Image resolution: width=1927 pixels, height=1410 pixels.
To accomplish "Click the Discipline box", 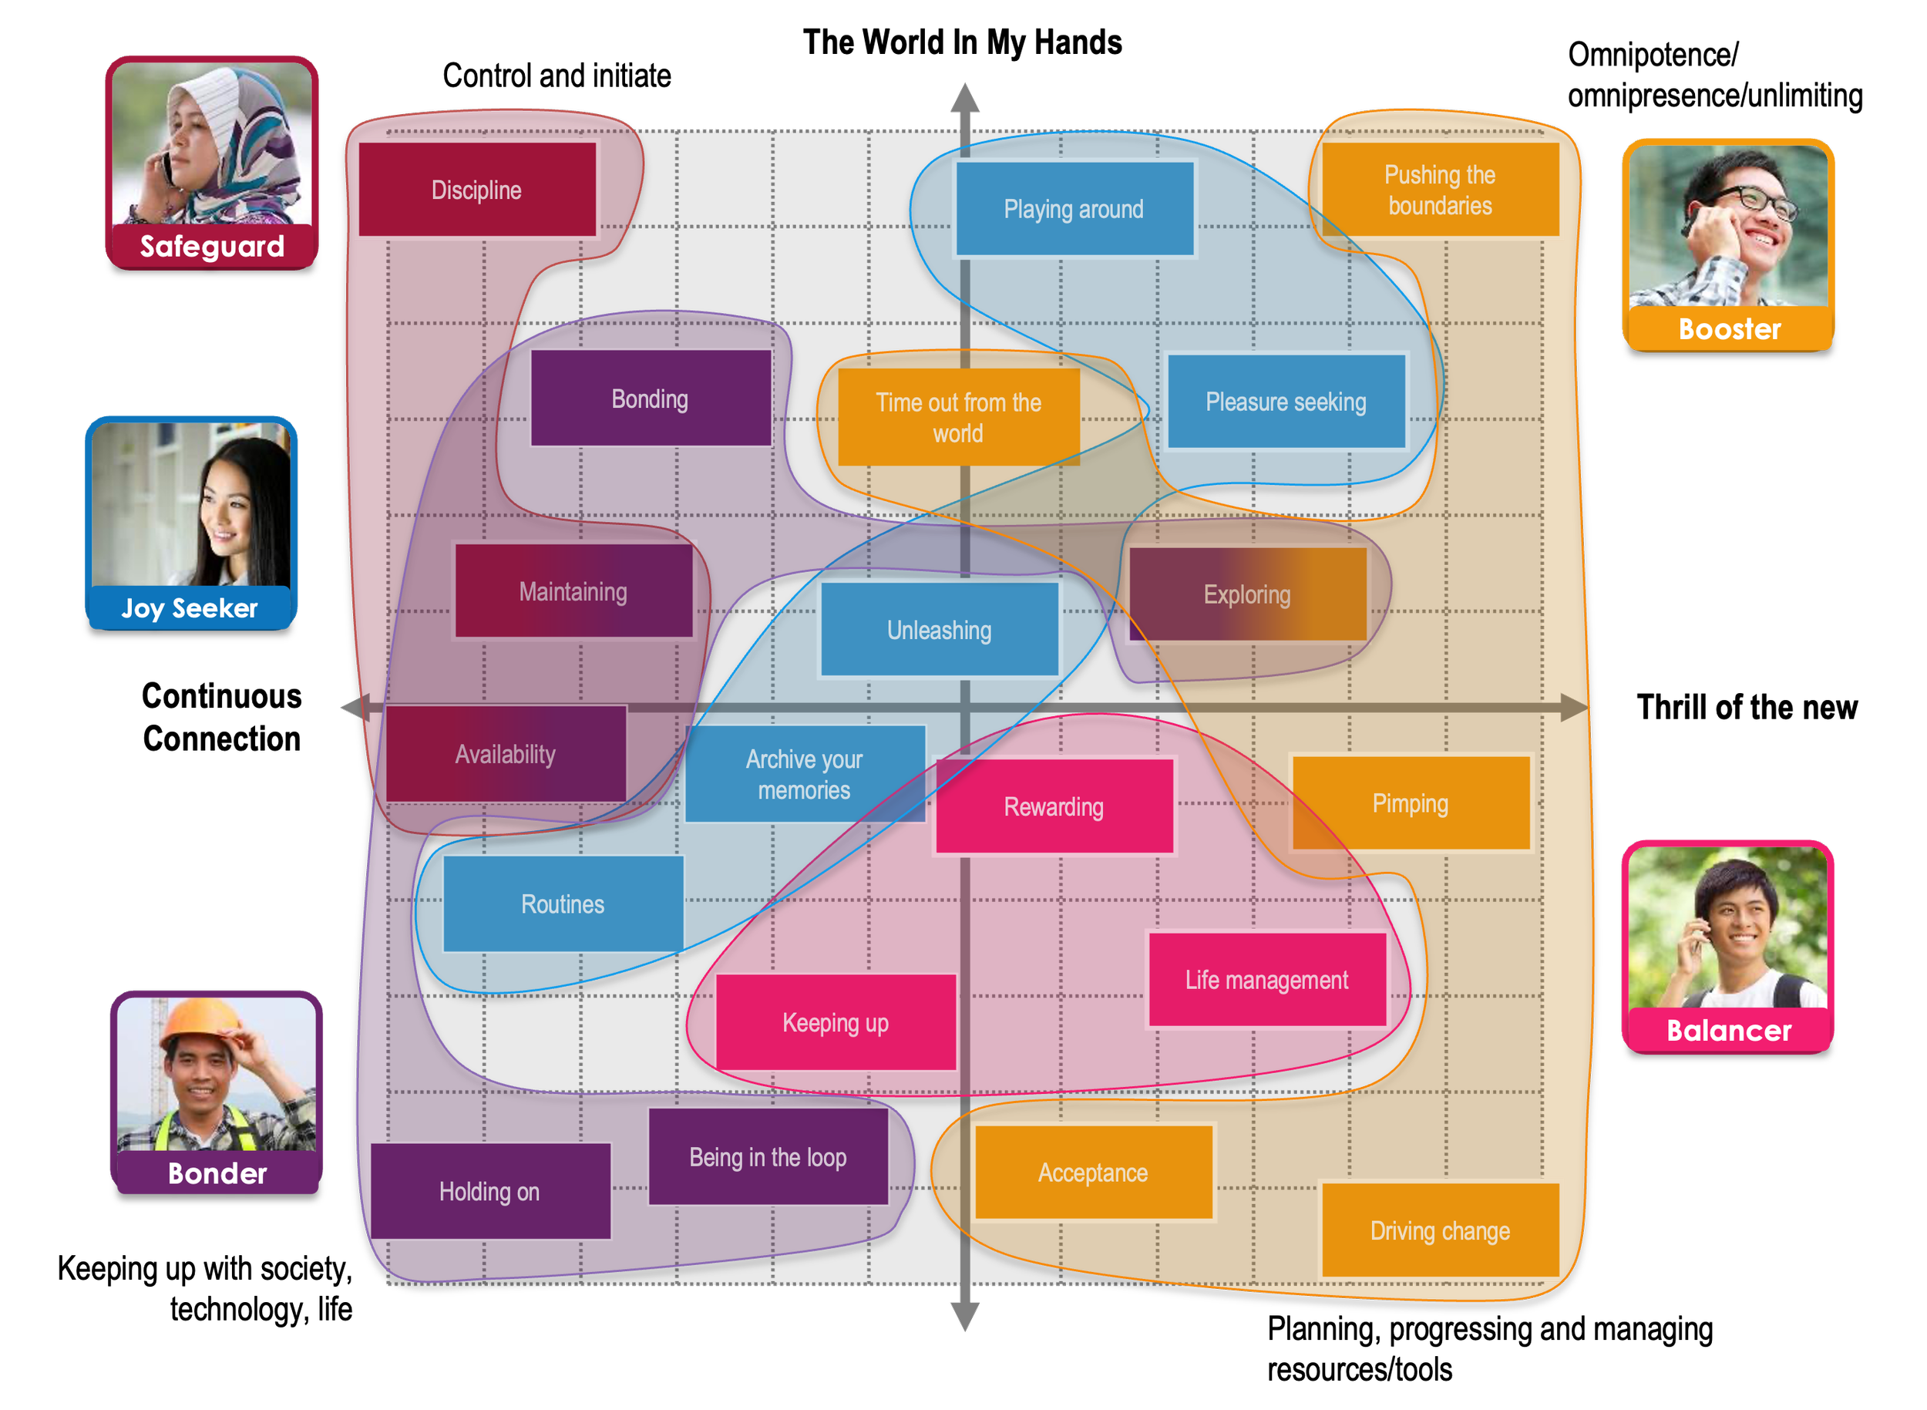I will (x=476, y=190).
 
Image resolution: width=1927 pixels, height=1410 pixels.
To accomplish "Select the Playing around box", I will (x=1074, y=209).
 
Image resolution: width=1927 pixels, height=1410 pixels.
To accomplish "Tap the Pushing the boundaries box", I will (x=1441, y=190).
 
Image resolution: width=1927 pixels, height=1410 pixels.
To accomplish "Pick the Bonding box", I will (x=651, y=399).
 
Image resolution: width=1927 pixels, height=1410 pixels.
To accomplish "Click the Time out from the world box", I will (x=958, y=417).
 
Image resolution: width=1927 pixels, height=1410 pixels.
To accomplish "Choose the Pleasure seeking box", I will (x=1285, y=401).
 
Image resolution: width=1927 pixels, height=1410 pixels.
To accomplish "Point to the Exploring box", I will (x=1247, y=594).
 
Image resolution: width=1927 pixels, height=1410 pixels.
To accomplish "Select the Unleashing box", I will (x=939, y=630).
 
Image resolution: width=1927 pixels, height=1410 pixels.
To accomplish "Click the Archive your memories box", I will (x=804, y=774).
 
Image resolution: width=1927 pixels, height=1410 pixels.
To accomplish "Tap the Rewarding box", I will (x=1054, y=806).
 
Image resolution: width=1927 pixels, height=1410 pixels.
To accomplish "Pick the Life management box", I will (x=1266, y=980).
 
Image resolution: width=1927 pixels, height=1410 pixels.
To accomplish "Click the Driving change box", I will (x=1441, y=1230).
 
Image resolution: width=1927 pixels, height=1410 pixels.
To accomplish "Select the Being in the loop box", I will (x=768, y=1157).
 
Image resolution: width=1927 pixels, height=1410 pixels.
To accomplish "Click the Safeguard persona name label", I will (x=212, y=247).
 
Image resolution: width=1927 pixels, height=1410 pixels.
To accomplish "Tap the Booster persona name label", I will (x=1729, y=329).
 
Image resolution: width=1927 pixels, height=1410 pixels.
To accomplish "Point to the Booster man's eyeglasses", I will (x=1758, y=200).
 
